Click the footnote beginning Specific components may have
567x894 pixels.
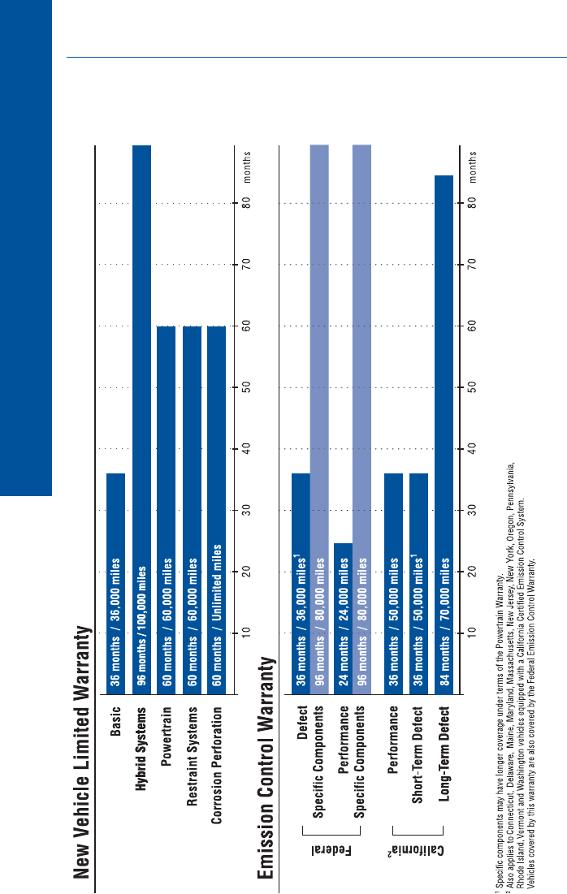click(x=498, y=731)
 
